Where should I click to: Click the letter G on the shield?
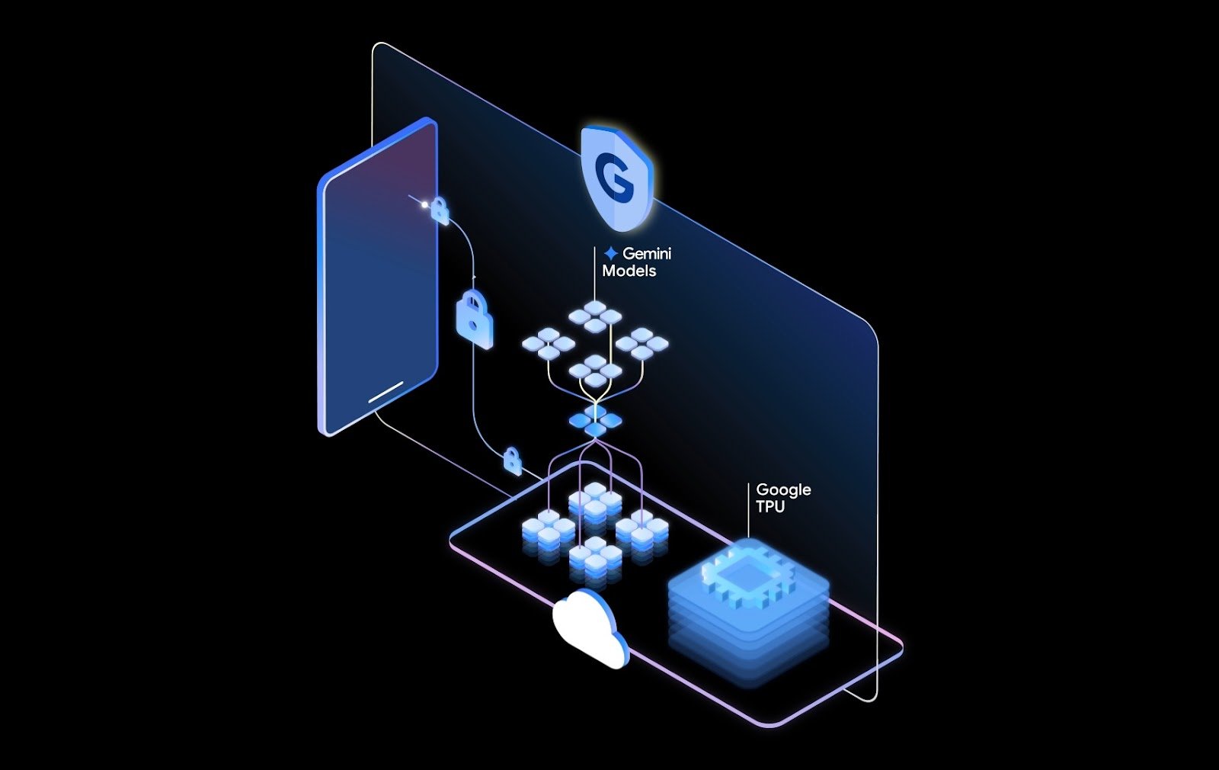[x=613, y=177]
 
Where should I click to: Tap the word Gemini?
[x=647, y=253]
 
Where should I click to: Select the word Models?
[x=629, y=271]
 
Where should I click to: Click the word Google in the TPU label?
[x=783, y=489]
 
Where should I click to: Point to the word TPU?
[x=769, y=507]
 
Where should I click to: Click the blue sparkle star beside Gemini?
[x=610, y=253]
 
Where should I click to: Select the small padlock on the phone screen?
[x=440, y=210]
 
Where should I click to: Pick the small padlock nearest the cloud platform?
[x=513, y=461]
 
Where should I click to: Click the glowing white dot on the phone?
[x=425, y=204]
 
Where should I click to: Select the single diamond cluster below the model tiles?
[x=595, y=421]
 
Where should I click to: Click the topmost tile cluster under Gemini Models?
[x=595, y=315]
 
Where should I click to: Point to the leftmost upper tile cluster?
[x=548, y=344]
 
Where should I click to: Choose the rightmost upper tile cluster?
[x=642, y=343]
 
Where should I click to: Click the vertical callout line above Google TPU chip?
[x=748, y=511]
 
